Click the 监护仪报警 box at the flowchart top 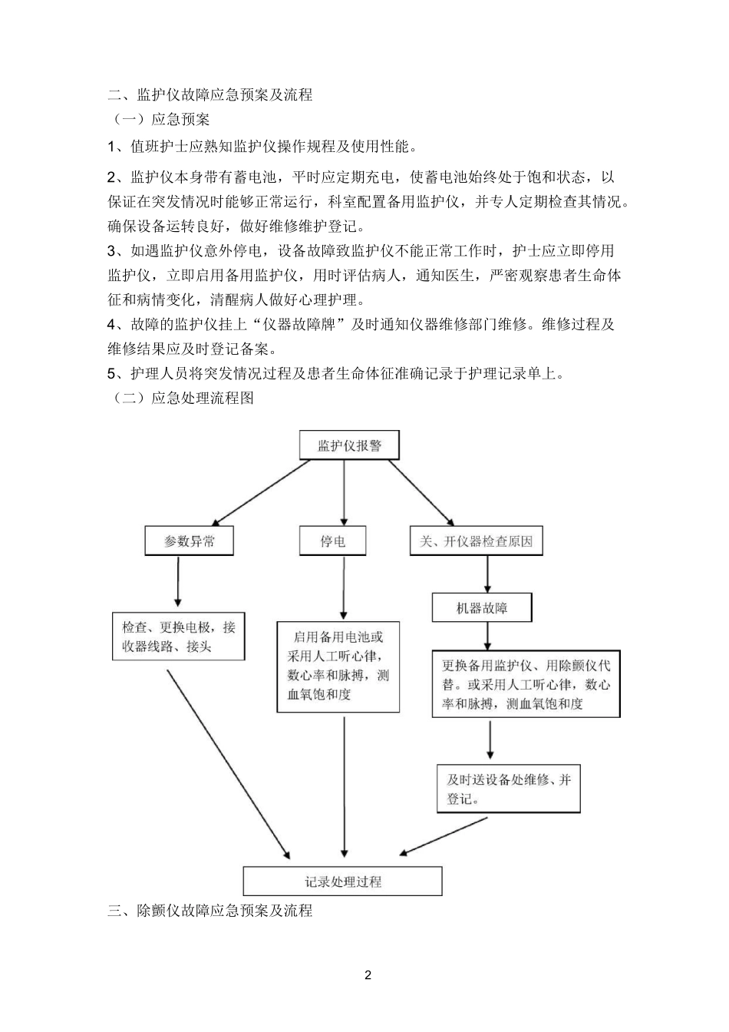(x=349, y=445)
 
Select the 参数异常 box (x=190, y=541)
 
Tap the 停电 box (x=332, y=541)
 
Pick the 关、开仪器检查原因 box (x=476, y=541)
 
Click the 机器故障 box (x=482, y=608)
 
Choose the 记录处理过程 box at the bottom (x=342, y=881)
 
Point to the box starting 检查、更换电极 (x=179, y=637)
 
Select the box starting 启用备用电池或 (x=338, y=666)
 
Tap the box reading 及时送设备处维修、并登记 (x=509, y=789)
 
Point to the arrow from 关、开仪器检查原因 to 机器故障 (x=487, y=574)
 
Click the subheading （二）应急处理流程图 (x=181, y=398)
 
